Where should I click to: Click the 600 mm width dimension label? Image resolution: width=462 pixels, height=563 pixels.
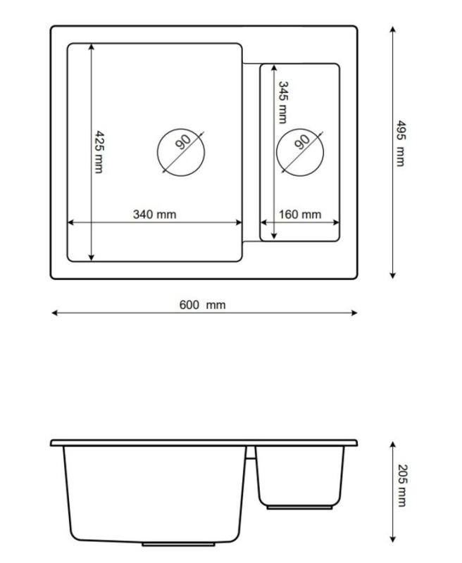(x=202, y=305)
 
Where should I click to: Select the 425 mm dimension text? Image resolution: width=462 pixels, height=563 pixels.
(x=99, y=152)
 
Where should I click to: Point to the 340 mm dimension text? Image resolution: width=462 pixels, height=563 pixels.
(x=154, y=214)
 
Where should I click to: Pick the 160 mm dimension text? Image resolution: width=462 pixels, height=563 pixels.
(x=299, y=214)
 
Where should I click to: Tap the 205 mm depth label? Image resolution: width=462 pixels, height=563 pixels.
(x=401, y=486)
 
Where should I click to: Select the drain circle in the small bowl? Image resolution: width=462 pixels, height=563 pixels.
(x=300, y=151)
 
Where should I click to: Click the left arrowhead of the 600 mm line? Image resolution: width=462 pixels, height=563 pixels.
(x=54, y=313)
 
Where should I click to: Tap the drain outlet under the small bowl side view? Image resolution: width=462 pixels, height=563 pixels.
(x=300, y=507)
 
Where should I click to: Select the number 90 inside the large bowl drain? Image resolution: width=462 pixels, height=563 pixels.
(x=183, y=142)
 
